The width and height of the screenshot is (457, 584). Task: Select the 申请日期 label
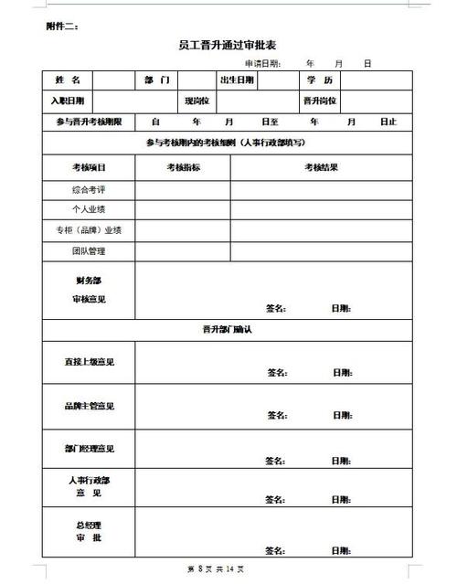pyautogui.click(x=262, y=64)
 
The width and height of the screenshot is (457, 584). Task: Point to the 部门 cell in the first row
pyautogui.click(x=157, y=80)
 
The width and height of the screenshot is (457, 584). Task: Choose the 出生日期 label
pyautogui.click(x=236, y=80)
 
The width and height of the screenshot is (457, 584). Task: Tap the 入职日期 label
pyautogui.click(x=67, y=101)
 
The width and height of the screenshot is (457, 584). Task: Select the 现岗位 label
pyautogui.click(x=197, y=101)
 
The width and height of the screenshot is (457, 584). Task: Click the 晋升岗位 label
pyautogui.click(x=320, y=101)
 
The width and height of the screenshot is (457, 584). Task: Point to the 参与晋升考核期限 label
pyautogui.click(x=89, y=122)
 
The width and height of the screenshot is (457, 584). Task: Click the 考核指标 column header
pyautogui.click(x=183, y=167)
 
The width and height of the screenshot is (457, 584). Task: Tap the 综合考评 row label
pyautogui.click(x=89, y=189)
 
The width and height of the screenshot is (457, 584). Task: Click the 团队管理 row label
pyautogui.click(x=89, y=250)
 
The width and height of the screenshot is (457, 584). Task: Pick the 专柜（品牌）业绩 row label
pyautogui.click(x=89, y=230)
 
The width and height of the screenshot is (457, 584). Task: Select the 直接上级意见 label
pyautogui.click(x=89, y=362)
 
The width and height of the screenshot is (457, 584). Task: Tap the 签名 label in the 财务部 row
pyautogui.click(x=275, y=308)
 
